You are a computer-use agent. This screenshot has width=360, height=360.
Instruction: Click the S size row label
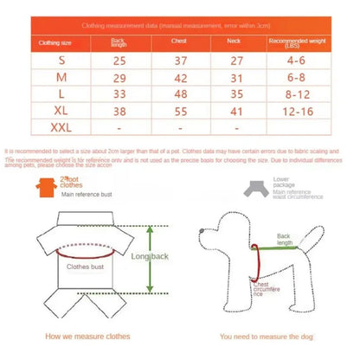61,60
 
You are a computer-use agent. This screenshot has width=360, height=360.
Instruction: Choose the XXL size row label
61,128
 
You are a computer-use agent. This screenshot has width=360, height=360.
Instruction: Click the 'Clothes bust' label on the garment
84,267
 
